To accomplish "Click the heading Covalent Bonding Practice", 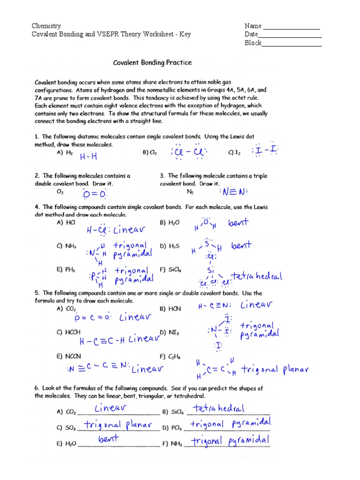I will click(152, 62).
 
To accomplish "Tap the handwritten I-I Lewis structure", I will click(265, 150).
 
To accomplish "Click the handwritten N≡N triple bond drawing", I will click(233, 192).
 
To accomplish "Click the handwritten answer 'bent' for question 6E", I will click(108, 439).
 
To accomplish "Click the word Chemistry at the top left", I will click(46, 26).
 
